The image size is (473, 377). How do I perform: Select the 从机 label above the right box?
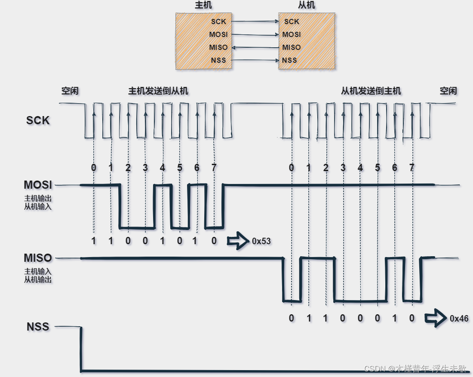point(307,6)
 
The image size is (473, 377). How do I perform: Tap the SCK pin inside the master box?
point(219,21)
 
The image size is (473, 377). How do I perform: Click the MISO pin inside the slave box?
point(292,47)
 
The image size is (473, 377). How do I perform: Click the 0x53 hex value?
point(261,241)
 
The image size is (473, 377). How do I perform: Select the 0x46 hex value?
point(459,319)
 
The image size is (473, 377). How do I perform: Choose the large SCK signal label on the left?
point(38,120)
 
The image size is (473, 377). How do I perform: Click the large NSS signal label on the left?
point(38,327)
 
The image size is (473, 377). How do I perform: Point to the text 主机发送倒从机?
point(158,91)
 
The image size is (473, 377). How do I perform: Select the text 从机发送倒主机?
point(371,91)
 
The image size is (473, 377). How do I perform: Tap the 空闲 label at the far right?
point(448,91)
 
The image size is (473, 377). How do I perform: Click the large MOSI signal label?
point(38,185)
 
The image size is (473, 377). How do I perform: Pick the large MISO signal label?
point(38,258)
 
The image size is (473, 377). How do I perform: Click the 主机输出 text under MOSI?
point(38,199)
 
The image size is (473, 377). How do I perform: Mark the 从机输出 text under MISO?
point(38,279)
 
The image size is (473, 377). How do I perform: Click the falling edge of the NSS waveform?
point(81,348)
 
